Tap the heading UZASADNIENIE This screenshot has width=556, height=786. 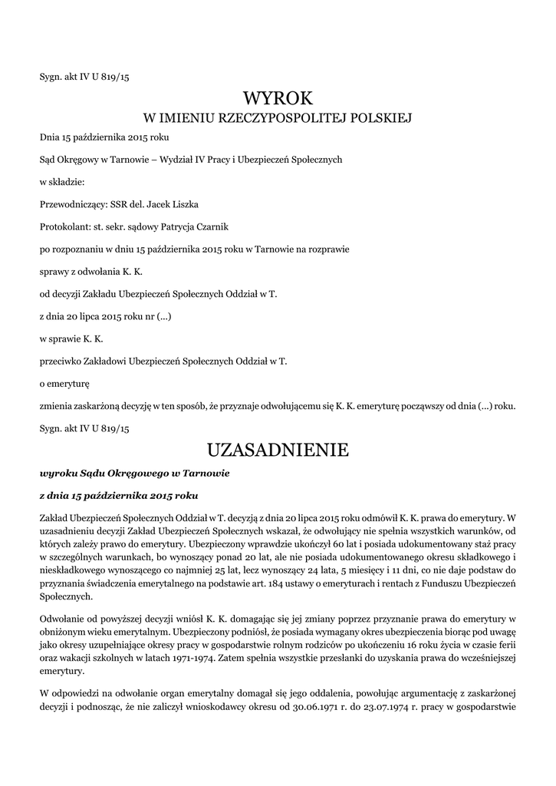[x=278, y=448]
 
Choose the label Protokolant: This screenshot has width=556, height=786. [x=65, y=228]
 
